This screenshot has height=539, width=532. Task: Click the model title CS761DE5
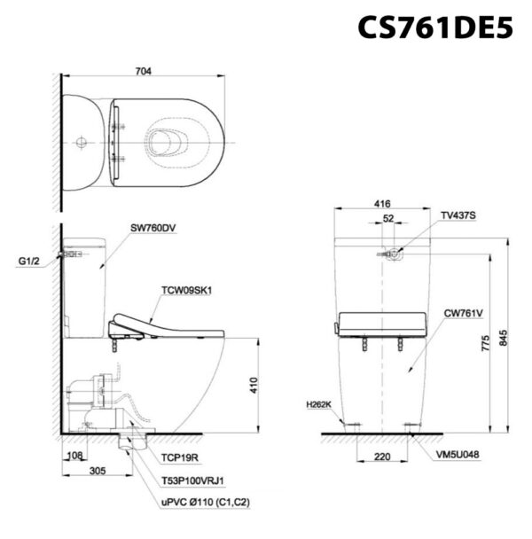(x=435, y=27)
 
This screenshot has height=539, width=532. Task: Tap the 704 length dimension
(x=143, y=71)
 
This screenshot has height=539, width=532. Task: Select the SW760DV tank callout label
(x=153, y=228)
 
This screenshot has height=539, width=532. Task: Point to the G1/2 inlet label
(x=29, y=262)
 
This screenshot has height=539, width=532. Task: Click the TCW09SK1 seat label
(x=187, y=291)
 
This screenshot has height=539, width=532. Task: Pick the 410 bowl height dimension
(x=254, y=386)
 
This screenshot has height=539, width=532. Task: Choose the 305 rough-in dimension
(x=98, y=471)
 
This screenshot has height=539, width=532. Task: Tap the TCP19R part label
(x=180, y=457)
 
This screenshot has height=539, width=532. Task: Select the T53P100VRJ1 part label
(x=192, y=480)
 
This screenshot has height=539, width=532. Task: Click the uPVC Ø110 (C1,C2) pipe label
(x=206, y=503)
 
